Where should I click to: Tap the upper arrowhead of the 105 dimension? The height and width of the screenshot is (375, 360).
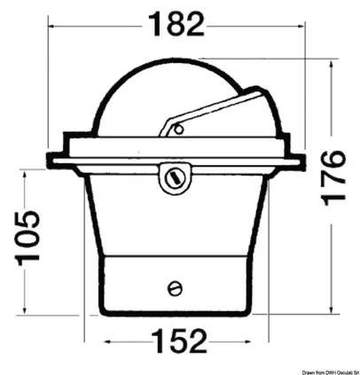click(29, 175)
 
